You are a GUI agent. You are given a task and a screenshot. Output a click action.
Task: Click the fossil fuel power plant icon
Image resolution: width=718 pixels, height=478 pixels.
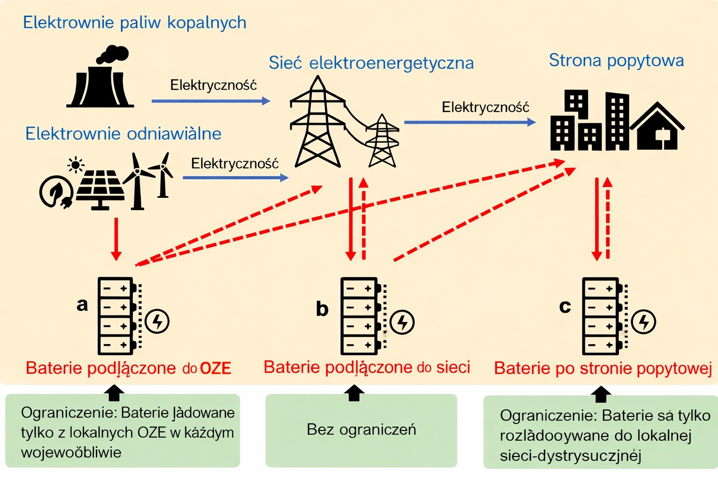pos(100,84)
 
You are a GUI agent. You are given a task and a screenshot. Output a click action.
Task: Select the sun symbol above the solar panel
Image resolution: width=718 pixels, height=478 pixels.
pos(75,165)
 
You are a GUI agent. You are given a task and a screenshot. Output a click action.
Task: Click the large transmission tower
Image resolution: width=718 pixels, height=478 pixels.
pos(317,124)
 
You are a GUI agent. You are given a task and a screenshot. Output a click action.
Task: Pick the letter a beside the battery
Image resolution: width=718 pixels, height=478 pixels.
pos(82,304)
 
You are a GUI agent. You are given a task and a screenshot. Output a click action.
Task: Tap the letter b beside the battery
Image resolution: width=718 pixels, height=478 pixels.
pos(322,309)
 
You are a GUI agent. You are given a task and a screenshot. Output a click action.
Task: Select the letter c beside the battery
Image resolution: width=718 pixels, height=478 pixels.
pos(565,306)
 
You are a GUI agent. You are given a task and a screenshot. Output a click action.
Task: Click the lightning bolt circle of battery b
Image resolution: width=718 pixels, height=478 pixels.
pos(402,322)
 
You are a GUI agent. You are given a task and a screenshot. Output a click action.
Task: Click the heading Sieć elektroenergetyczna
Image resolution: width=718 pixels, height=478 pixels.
pos(371,63)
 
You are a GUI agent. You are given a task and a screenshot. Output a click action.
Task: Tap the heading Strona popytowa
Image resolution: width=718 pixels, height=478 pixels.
pos(616,61)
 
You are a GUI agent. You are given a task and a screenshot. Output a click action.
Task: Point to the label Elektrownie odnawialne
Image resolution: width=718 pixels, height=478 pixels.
pos(123,134)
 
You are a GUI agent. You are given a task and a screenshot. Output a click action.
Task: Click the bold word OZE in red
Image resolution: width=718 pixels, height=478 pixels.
pos(215,368)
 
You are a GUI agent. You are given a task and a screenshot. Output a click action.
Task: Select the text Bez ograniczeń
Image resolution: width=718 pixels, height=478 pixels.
pos(361,429)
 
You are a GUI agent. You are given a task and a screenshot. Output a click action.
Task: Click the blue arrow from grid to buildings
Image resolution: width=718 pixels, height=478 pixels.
pos(469,122)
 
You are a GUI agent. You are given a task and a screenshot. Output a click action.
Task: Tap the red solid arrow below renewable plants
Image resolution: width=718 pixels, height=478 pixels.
pos(116,239)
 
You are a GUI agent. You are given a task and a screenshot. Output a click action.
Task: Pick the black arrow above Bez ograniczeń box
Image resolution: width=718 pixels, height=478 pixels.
pos(354,393)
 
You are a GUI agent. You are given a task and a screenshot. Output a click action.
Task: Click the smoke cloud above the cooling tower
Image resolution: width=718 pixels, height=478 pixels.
pos(113,54)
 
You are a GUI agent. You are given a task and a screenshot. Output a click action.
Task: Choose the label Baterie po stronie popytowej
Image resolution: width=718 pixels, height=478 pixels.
pos(603,368)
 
